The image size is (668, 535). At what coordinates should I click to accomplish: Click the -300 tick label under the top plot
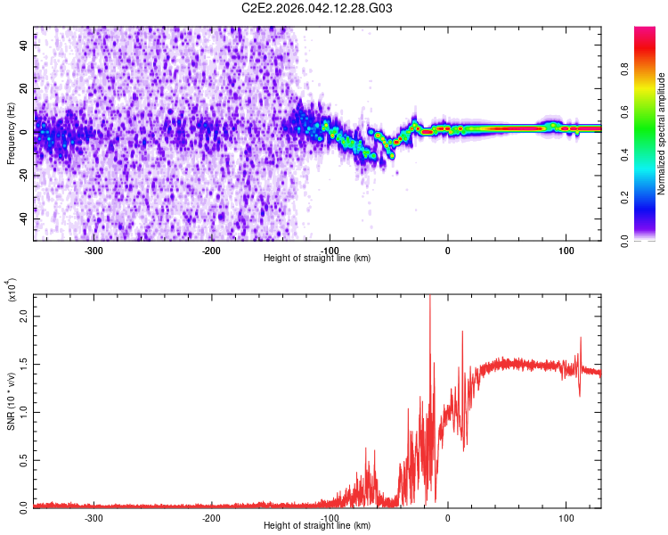click(94, 250)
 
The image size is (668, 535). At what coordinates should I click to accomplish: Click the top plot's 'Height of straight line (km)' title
click(317, 258)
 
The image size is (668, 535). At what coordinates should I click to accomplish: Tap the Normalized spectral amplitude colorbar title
click(662, 134)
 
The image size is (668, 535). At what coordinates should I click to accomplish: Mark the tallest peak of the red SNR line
click(430, 297)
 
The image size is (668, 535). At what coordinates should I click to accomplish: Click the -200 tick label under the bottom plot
click(211, 517)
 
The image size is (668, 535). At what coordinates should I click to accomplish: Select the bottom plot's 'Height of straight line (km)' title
click(317, 525)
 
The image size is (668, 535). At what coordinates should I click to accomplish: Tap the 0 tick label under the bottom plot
click(448, 517)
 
